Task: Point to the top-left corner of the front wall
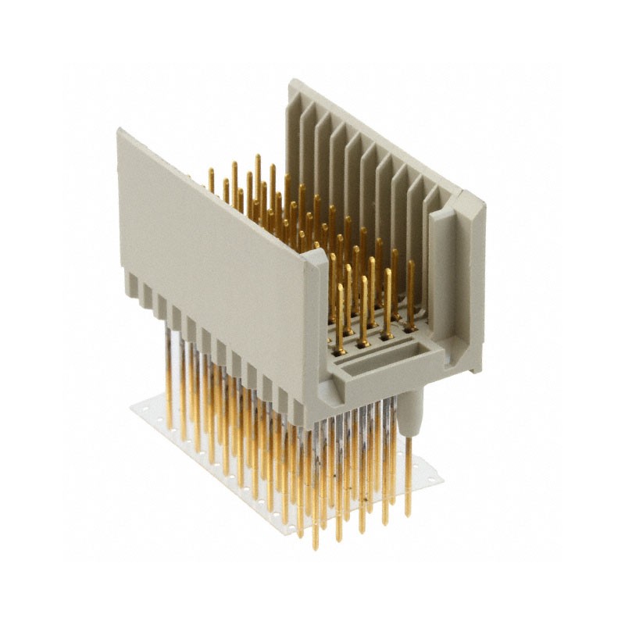coord(120,132)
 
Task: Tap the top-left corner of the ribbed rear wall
coord(291,81)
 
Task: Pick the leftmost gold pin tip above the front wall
coord(210,171)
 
